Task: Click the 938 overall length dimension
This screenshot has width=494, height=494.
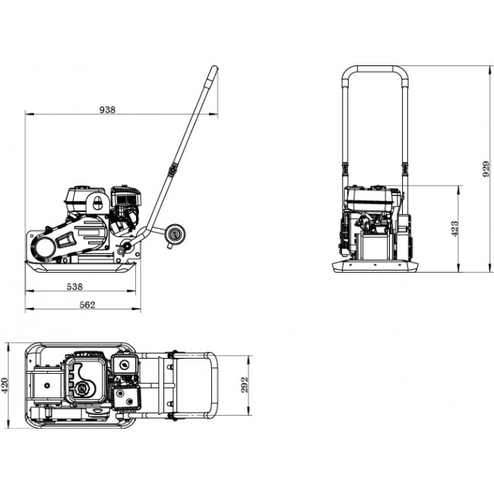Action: click(x=107, y=109)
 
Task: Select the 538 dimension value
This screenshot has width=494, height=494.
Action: click(x=74, y=287)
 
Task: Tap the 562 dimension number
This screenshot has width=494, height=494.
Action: click(x=87, y=304)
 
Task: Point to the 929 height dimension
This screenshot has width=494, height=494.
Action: click(x=486, y=169)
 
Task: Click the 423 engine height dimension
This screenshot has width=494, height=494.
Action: click(x=454, y=228)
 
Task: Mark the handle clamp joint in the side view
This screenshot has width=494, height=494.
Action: click(x=173, y=169)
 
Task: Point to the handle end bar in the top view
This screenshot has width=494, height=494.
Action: click(x=216, y=386)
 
